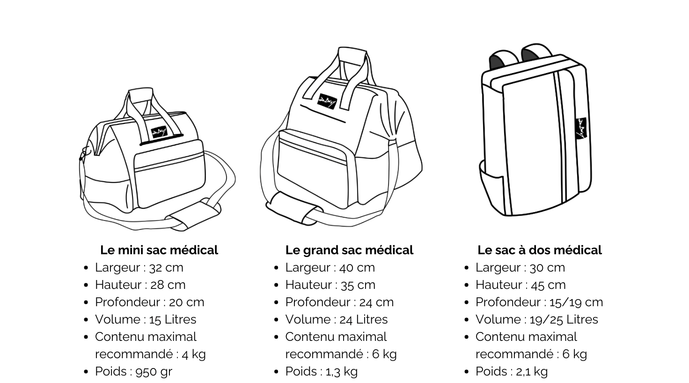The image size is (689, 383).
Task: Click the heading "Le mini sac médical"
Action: click(159, 250)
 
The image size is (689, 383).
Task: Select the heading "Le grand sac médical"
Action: click(349, 250)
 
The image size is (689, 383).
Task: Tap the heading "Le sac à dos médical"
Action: click(540, 250)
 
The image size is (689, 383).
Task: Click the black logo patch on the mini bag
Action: click(159, 132)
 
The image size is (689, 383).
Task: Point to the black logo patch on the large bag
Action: click(327, 101)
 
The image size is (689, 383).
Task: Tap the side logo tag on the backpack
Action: click(581, 128)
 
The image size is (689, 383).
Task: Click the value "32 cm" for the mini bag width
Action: click(166, 268)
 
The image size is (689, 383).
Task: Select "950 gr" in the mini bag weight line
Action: click(154, 371)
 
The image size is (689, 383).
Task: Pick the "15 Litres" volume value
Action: click(173, 319)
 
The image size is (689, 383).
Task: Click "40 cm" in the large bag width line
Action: click(357, 268)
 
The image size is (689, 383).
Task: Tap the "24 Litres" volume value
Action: click(364, 319)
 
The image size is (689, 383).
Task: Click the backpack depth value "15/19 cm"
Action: click(576, 302)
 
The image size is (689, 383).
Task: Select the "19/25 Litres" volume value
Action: click(564, 319)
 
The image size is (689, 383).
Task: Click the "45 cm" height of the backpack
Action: click(548, 285)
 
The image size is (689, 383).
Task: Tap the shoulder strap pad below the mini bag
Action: click(194, 215)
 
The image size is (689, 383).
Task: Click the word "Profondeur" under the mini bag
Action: click(128, 302)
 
